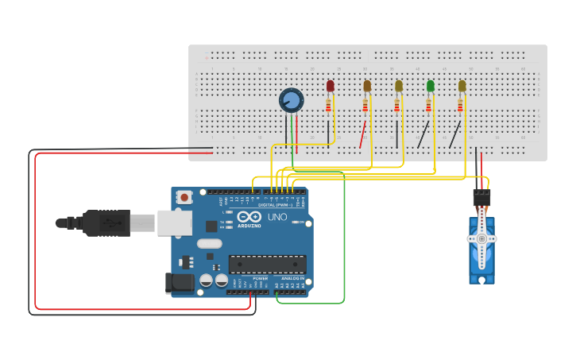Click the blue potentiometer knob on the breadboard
[292, 100]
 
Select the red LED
[331, 86]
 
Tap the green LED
[431, 86]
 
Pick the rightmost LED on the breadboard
[462, 86]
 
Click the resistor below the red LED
[329, 105]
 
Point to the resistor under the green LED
[429, 105]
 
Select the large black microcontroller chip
[267, 264]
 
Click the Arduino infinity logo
[249, 217]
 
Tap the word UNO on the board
[277, 217]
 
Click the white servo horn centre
[481, 238]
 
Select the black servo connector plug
[481, 197]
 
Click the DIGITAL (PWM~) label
[272, 204]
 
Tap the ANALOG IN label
[294, 278]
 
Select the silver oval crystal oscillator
[209, 244]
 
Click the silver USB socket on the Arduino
[174, 223]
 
